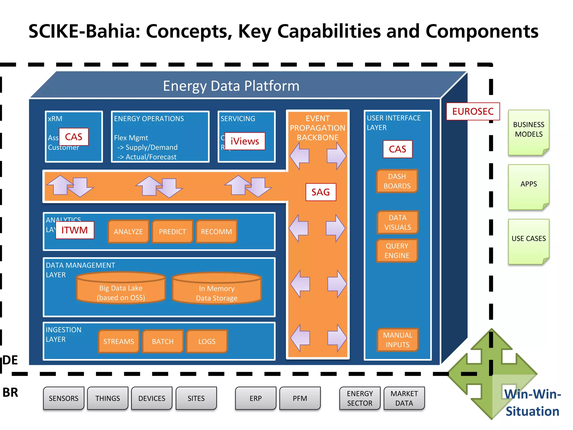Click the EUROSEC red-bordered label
473,111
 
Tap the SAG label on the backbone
321,192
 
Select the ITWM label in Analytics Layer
75,230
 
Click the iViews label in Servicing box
245,141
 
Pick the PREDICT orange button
172,232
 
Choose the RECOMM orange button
216,232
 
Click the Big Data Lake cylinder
121,291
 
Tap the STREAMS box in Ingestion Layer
119,341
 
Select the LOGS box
207,341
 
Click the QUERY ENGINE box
397,251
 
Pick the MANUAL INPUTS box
397,340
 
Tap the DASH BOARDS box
397,181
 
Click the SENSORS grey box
64,398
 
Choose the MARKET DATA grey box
404,398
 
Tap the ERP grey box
255,398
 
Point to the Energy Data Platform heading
231,86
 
